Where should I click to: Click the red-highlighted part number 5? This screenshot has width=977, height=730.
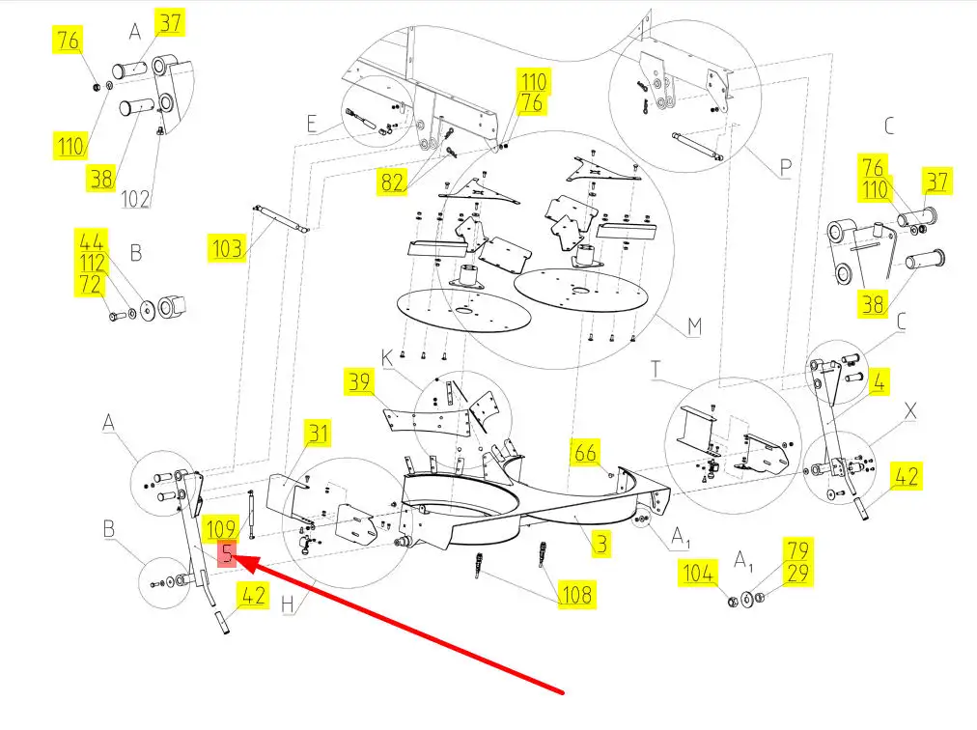coord(227,554)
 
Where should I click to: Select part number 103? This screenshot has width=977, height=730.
coord(227,248)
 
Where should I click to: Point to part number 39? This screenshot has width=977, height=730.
coord(360,381)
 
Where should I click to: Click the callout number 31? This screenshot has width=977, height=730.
coord(318,434)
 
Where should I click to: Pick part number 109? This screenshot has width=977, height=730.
coord(221,529)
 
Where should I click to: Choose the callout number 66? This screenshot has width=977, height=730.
coord(585,451)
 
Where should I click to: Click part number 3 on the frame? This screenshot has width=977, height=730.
coord(601,544)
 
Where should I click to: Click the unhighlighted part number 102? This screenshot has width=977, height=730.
coord(135,199)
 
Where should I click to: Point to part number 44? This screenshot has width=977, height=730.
coord(93,241)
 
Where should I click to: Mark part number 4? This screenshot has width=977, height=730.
coord(879,381)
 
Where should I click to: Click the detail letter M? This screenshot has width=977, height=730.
coord(693,327)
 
